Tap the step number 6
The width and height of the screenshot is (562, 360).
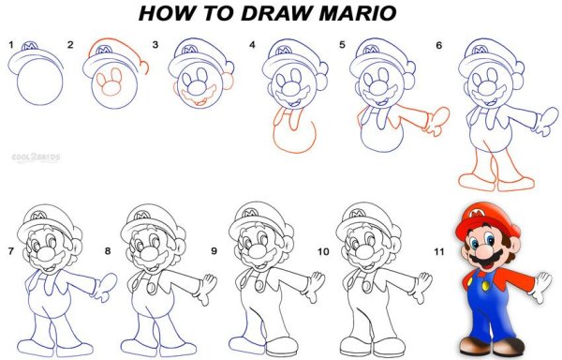click(439, 45)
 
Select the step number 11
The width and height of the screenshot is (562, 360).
click(439, 251)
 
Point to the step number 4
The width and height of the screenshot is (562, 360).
click(252, 45)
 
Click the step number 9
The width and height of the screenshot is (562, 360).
click(214, 250)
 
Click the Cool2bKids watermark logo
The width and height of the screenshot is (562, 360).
click(37, 157)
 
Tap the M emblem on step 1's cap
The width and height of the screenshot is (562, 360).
click(30, 46)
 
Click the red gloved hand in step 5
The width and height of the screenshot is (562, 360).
click(437, 121)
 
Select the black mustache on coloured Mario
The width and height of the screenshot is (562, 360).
click(488, 259)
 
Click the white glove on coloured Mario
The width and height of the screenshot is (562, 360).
click(541, 287)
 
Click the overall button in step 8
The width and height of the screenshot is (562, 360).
click(152, 288)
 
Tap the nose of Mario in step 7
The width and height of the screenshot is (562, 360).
click(46, 254)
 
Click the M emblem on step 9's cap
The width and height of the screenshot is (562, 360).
click(250, 214)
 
